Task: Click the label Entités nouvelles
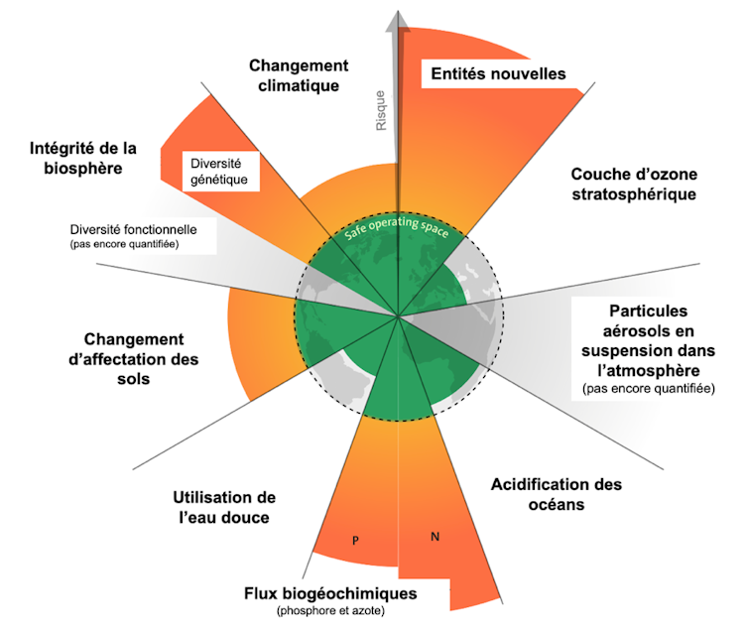click(495, 74)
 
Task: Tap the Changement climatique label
click(299, 74)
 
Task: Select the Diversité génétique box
click(217, 170)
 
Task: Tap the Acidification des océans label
click(557, 494)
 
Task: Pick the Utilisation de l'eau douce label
click(223, 506)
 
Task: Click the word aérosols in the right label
click(648, 330)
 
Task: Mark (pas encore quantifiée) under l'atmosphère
click(648, 388)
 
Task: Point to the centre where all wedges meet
click(399, 317)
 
